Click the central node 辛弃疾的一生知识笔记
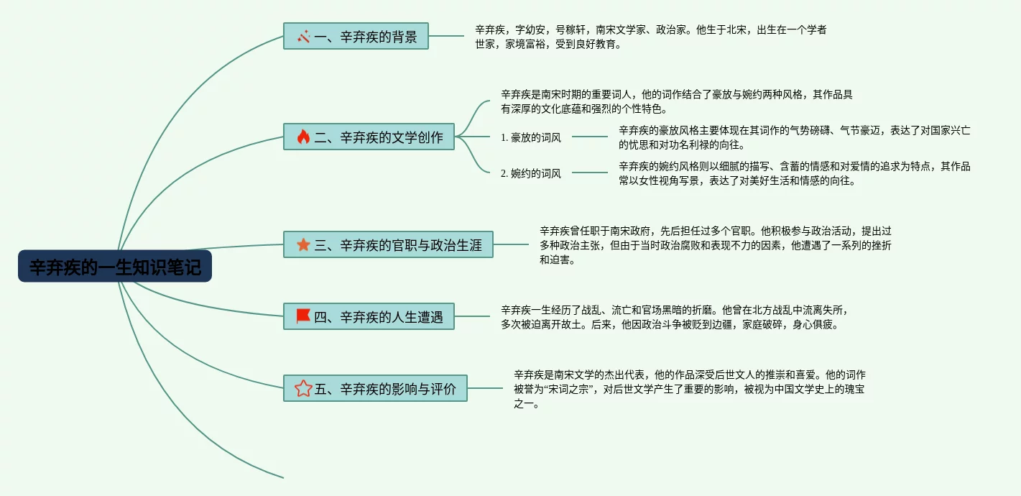pos(115,267)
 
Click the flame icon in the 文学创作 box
pos(303,137)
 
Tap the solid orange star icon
pos(303,244)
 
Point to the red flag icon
pos(303,316)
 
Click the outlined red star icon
pos(303,388)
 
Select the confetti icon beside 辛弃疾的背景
pos(303,36)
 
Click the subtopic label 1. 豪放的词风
pos(531,137)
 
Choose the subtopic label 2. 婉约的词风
pos(531,173)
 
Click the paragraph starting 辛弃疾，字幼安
pos(650,37)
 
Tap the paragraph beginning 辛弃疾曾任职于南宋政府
pos(715,245)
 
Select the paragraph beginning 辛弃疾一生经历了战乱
pos(675,317)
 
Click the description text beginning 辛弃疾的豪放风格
pos(794,137)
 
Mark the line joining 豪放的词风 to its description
pos(590,137)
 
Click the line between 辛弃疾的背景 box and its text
pos(446,36)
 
